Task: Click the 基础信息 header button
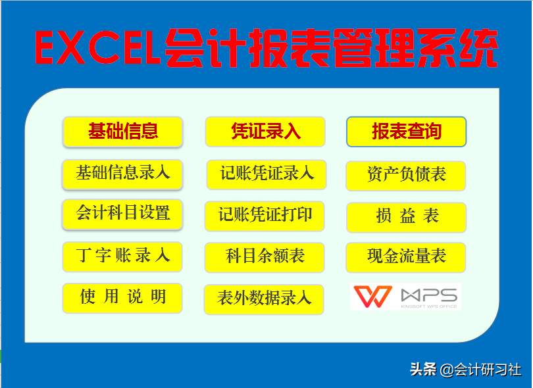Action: coord(122,132)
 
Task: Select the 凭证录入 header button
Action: coord(265,132)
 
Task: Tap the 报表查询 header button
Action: coord(406,132)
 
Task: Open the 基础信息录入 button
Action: coord(122,174)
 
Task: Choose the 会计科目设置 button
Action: coord(122,214)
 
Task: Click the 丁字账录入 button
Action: coord(122,256)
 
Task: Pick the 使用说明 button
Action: coord(122,297)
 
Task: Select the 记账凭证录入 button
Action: coord(266,174)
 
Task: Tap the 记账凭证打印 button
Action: coord(265,215)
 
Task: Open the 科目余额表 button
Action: coord(265,256)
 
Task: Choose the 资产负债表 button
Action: coord(406,175)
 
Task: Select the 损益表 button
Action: coord(406,216)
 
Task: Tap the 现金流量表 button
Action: coord(406,256)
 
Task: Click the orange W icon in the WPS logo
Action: coord(372,297)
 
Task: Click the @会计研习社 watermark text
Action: coord(481,370)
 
